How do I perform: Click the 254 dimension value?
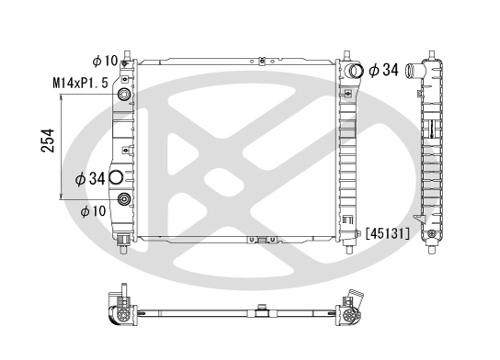(48, 141)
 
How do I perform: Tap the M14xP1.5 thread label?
(80, 84)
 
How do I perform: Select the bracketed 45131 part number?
(388, 233)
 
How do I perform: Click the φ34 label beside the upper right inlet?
(383, 70)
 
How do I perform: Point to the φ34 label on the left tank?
(90, 178)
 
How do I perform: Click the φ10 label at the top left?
(105, 61)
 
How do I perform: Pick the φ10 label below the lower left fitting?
(93, 211)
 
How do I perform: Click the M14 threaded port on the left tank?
(124, 95)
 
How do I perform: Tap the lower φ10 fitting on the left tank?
(124, 199)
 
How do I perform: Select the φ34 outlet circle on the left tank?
(116, 177)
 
